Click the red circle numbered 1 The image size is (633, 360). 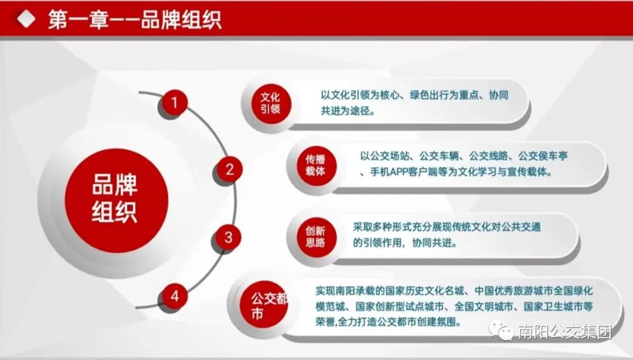[174, 104]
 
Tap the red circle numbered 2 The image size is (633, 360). [230, 170]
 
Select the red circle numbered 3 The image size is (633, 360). [229, 237]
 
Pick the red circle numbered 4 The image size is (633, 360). [175, 297]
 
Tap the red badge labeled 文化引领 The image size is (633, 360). [270, 103]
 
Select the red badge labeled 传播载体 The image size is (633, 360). [315, 166]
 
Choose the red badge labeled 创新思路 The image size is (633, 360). [315, 236]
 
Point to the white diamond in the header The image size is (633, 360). [25, 19]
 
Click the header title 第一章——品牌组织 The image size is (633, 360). [135, 21]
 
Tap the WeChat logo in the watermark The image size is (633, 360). [503, 332]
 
